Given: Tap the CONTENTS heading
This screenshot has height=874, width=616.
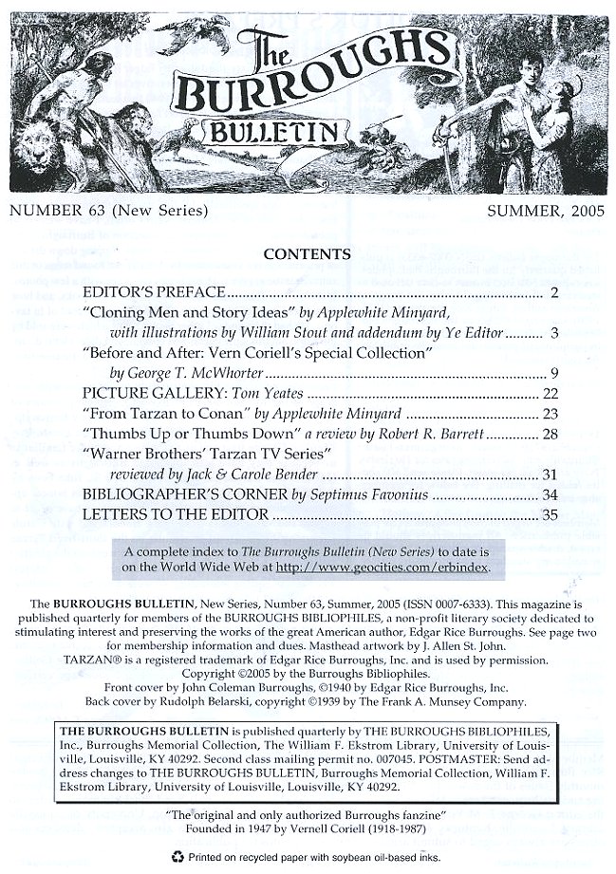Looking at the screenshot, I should [x=308, y=254].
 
